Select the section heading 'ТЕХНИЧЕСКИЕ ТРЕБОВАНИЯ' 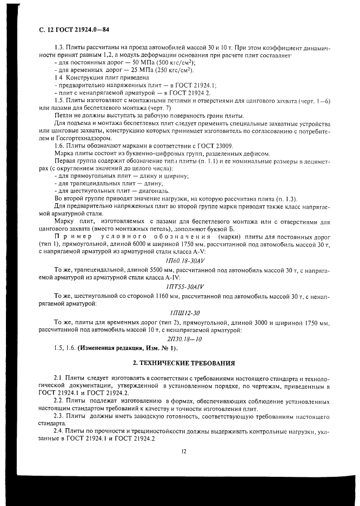pyautogui.click(x=183, y=362)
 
